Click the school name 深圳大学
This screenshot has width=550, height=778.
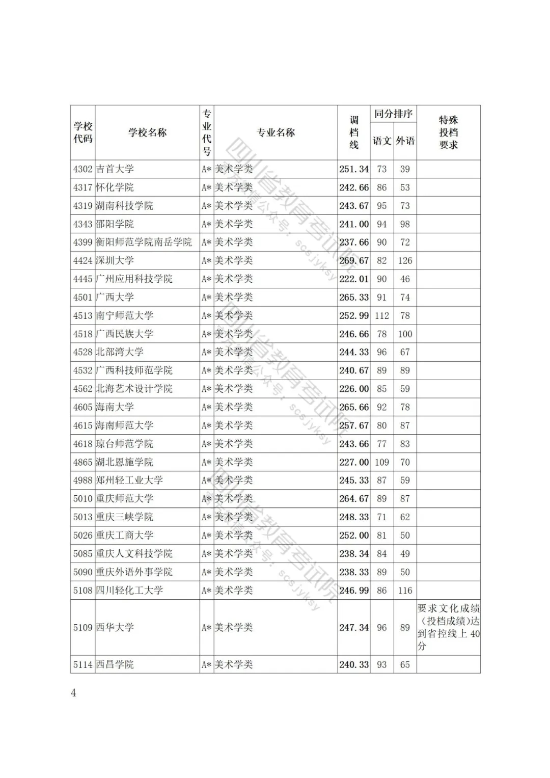(115, 261)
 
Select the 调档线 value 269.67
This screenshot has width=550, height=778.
(354, 261)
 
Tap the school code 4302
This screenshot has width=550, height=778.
(82, 169)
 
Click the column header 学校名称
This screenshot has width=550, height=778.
(147, 132)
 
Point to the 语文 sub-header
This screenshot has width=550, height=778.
(382, 141)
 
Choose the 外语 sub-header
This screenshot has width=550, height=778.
(405, 141)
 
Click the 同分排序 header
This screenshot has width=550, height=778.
(393, 114)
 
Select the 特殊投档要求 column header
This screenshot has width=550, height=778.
(448, 132)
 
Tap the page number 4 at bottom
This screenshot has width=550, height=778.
(73, 693)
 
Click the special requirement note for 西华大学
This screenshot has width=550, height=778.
(448, 627)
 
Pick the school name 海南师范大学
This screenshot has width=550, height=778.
(125, 425)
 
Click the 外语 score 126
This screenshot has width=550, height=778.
(405, 261)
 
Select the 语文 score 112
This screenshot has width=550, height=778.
(382, 316)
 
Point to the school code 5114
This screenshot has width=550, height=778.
(82, 664)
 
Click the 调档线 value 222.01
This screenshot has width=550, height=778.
(354, 279)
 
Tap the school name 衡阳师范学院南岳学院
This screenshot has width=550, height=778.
(144, 243)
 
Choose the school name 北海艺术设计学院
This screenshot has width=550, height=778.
(134, 389)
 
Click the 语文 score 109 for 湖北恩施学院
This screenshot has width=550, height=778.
(382, 462)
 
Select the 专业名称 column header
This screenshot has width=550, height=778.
(276, 132)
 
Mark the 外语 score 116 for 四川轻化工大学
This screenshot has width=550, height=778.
(405, 591)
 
